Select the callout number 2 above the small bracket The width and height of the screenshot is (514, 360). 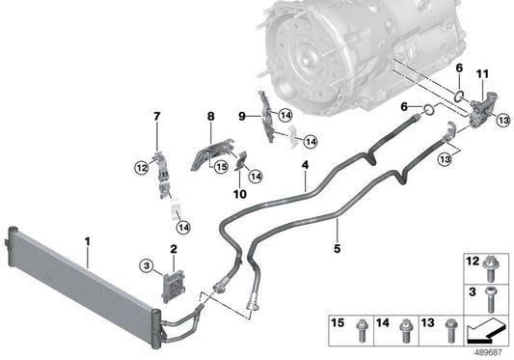173,250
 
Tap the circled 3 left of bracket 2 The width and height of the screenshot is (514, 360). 145,264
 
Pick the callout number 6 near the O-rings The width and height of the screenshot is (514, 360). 460,69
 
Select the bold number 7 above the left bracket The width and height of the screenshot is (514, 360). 156,118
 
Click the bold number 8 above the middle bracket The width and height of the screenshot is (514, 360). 209,118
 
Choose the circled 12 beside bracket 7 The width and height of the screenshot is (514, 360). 141,168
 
